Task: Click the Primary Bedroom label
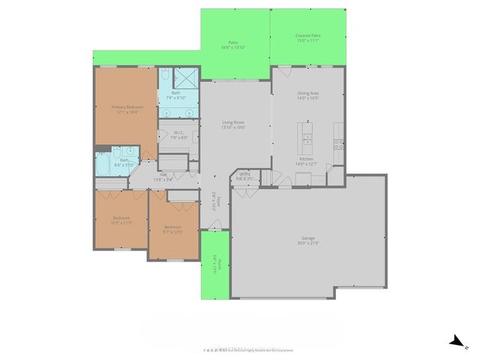point(124,109)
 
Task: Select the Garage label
point(308,239)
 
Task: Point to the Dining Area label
point(308,95)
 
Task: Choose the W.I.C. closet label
point(177,135)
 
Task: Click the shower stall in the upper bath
point(184,78)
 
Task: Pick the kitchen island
point(307,135)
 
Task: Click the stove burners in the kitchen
point(339,145)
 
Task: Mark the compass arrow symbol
point(455,342)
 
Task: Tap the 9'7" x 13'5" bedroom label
point(172,229)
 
